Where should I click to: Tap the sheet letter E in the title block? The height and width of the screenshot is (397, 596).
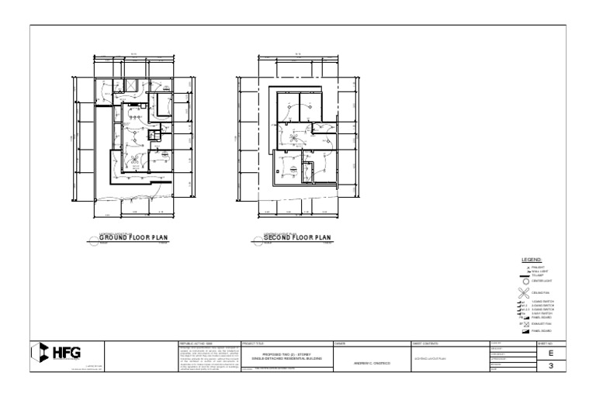(x=550, y=352)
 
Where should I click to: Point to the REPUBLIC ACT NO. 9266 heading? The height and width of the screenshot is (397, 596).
(x=194, y=342)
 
